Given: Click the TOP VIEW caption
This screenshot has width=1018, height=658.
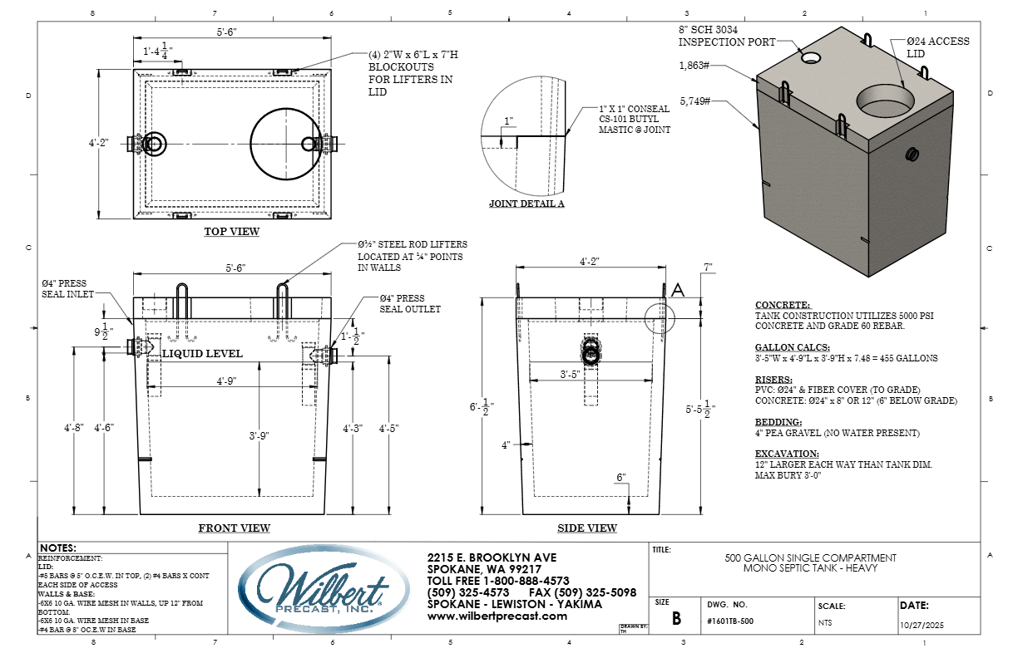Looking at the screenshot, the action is (232, 232).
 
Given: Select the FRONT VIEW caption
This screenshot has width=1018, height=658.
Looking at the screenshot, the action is (234, 528).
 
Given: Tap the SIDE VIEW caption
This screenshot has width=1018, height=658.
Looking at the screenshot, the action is (587, 528).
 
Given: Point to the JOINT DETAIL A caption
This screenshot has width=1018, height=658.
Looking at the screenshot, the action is (526, 204).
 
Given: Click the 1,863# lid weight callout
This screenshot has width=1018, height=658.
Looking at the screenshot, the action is (694, 66).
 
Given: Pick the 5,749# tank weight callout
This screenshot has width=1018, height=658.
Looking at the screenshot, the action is (694, 101).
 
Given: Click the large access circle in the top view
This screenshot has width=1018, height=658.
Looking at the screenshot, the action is (286, 144).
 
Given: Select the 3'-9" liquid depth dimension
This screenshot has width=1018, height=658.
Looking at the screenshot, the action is (259, 436).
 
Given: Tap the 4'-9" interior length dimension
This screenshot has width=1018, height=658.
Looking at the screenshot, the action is (226, 381).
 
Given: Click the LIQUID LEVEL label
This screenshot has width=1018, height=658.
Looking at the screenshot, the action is (202, 353).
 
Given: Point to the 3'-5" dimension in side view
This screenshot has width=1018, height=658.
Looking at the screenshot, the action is (570, 374).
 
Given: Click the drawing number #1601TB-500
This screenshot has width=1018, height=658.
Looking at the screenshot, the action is (730, 621).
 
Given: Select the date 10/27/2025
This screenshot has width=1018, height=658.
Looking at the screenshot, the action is (922, 625).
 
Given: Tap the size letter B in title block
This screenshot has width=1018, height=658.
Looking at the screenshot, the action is (676, 618).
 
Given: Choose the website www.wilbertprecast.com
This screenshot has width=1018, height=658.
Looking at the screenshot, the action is (497, 616).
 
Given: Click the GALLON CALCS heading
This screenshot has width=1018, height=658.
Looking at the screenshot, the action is (793, 347).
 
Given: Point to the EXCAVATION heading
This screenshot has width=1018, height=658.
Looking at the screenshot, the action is (787, 454).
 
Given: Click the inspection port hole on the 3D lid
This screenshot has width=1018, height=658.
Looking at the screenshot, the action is (811, 57).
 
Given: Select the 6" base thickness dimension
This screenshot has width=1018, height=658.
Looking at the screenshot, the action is (621, 477).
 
